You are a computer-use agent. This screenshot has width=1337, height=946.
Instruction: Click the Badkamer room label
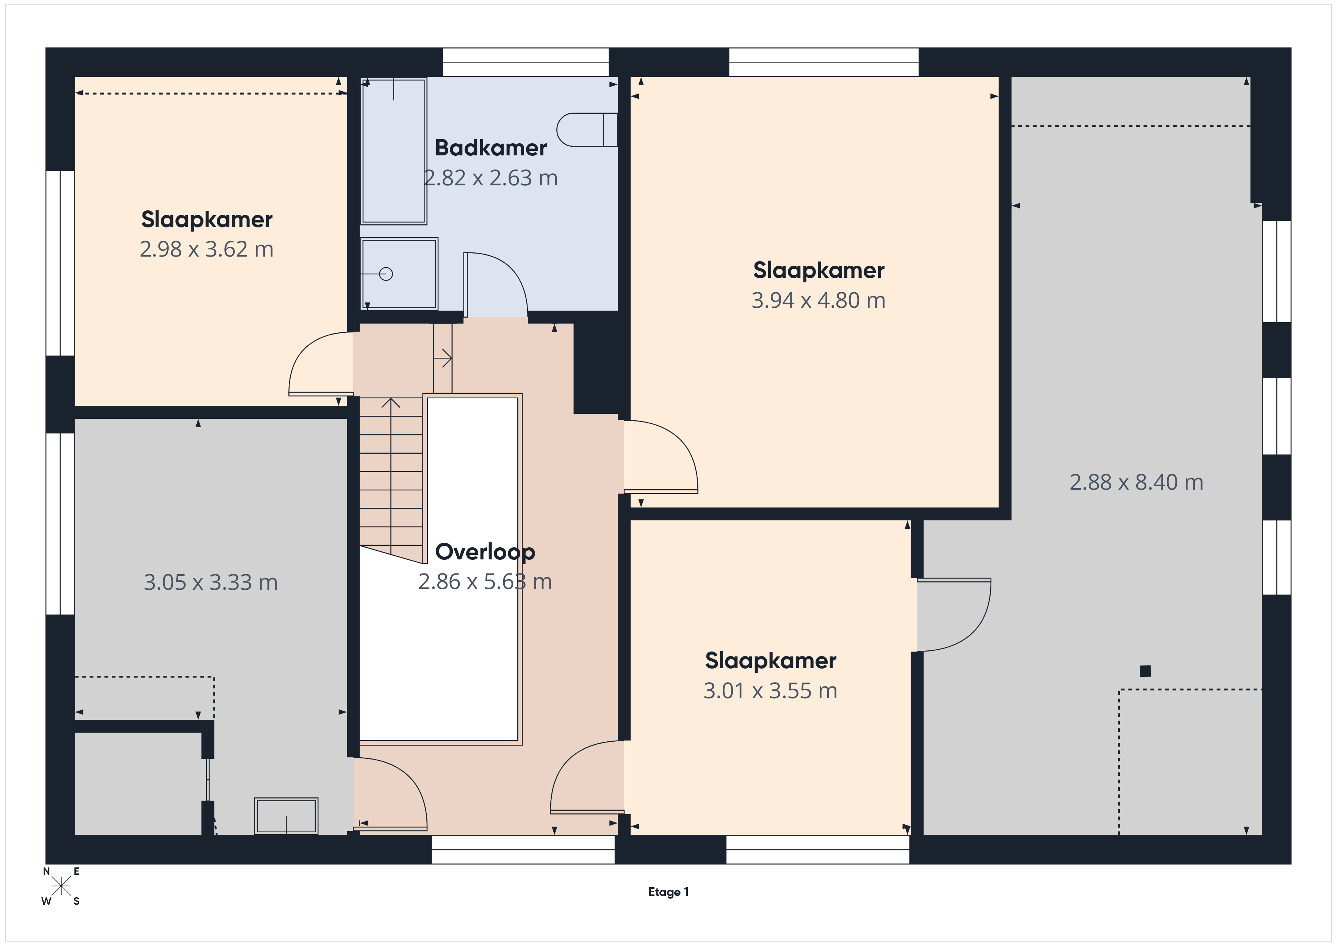(x=490, y=148)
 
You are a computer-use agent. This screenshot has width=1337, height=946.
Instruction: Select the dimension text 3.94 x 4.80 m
(x=818, y=301)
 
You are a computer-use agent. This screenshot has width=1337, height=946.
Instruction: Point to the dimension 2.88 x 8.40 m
(x=1136, y=482)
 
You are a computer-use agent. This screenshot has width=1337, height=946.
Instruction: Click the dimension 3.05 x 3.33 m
(x=210, y=583)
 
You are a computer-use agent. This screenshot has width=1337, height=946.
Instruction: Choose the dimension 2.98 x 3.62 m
(x=206, y=249)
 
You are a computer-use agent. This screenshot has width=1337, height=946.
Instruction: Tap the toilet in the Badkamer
(x=586, y=129)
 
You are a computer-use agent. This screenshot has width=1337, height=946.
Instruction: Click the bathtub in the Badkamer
(x=394, y=151)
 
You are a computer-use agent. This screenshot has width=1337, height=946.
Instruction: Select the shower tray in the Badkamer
(x=399, y=274)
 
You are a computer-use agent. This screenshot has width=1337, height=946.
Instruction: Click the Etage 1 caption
(x=668, y=892)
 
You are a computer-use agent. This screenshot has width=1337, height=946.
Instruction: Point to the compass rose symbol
(x=61, y=886)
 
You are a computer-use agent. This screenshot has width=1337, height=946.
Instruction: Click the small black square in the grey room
(x=1145, y=671)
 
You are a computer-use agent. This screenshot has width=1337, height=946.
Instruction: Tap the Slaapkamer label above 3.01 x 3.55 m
(x=770, y=661)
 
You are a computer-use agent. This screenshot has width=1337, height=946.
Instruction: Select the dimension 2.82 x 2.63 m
(x=490, y=178)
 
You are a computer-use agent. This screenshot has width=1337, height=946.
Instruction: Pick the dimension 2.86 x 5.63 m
(x=485, y=582)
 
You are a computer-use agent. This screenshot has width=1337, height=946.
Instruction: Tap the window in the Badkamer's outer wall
(x=526, y=62)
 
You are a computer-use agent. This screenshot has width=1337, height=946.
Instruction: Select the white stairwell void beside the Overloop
(x=472, y=569)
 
